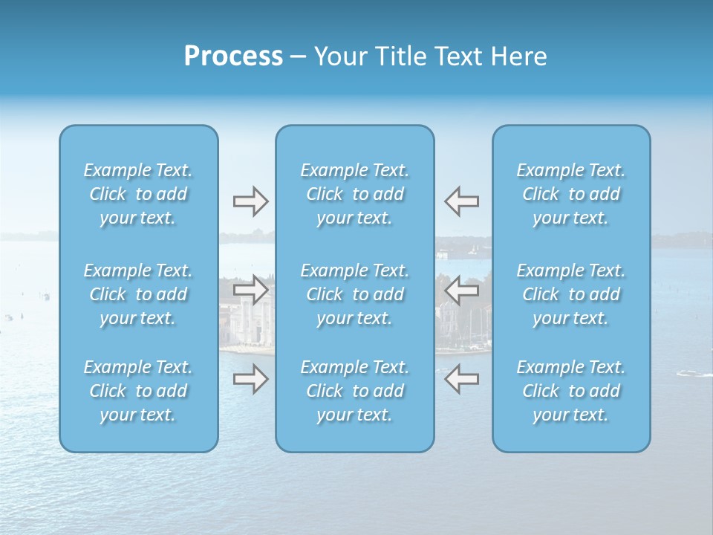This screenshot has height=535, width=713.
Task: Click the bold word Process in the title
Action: click(233, 56)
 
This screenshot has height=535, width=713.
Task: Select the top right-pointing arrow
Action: click(250, 201)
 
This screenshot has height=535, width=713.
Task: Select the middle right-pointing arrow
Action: click(250, 290)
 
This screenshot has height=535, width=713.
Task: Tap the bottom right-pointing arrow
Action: click(250, 379)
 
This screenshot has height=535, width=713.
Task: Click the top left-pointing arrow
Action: click(462, 201)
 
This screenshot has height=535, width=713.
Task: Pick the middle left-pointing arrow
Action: click(462, 290)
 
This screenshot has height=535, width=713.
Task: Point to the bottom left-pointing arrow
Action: click(462, 379)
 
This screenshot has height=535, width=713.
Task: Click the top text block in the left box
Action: click(138, 194)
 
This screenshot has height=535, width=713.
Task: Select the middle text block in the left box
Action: click(138, 294)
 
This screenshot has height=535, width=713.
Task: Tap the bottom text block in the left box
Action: click(138, 391)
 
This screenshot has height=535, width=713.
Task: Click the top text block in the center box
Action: click(355, 194)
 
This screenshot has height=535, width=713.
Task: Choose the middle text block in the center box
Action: click(355, 294)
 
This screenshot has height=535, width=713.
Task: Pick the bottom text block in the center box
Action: click(355, 391)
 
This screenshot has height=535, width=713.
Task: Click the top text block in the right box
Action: click(571, 194)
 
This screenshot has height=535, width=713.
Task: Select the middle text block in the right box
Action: click(571, 294)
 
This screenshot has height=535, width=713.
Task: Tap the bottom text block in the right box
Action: click(571, 391)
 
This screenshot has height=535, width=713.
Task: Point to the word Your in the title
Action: click(338, 56)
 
